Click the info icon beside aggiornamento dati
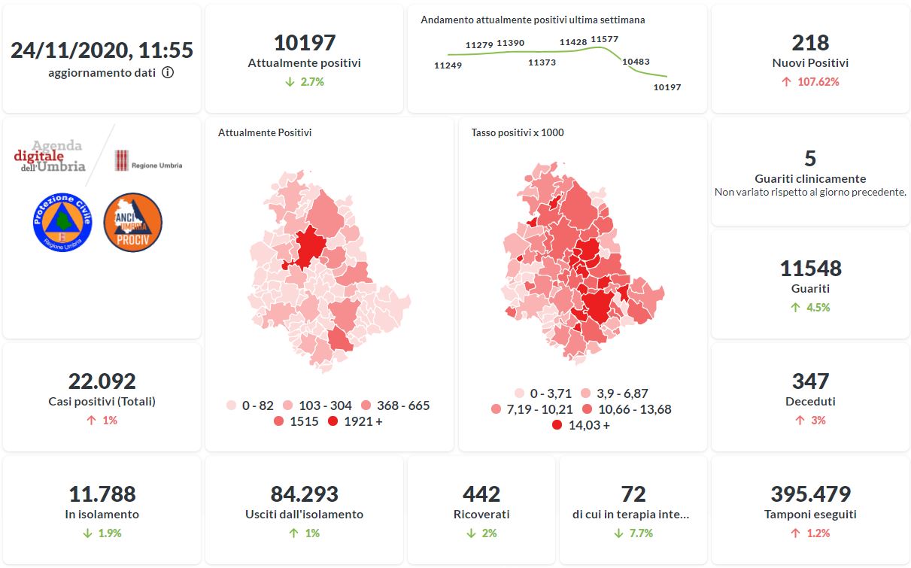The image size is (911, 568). pyautogui.click(x=168, y=73)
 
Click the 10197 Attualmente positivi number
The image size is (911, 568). pyautogui.click(x=304, y=43)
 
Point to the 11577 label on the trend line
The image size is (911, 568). pyautogui.click(x=604, y=39)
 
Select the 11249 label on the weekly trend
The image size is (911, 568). pyautogui.click(x=448, y=65)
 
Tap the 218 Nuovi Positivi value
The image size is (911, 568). pyautogui.click(x=810, y=43)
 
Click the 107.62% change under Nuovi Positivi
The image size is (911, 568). pyautogui.click(x=810, y=81)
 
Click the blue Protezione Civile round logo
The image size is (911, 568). pyautogui.click(x=62, y=222)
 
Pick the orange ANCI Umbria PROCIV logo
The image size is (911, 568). pyautogui.click(x=132, y=222)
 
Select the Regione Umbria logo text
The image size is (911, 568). pyautogui.click(x=156, y=166)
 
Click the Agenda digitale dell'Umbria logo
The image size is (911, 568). pyautogui.click(x=50, y=157)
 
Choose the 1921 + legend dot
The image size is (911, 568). pyautogui.click(x=333, y=421)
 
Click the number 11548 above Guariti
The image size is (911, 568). pyautogui.click(x=810, y=269)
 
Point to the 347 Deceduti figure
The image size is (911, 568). pyautogui.click(x=810, y=381)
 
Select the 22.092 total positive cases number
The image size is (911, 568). pyautogui.click(x=102, y=381)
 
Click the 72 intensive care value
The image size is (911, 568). pyautogui.click(x=633, y=494)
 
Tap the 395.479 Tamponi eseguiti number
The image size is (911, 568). pyautogui.click(x=810, y=494)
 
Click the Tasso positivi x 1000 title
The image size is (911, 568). pyautogui.click(x=518, y=133)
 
